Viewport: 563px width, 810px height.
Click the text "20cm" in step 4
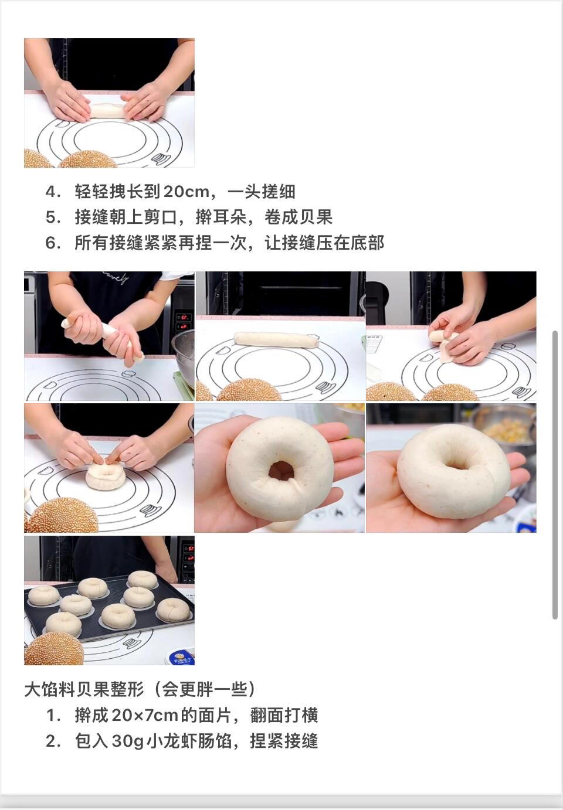coord(186,191)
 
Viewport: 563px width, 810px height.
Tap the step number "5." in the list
coord(53,217)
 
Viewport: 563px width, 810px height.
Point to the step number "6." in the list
coord(53,243)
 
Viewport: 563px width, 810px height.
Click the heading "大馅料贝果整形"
coord(84,689)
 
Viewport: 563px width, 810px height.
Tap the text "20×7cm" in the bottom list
coord(145,715)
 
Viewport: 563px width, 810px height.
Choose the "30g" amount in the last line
coord(128,741)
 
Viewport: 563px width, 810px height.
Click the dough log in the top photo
coord(107,111)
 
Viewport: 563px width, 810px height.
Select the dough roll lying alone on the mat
coord(276,340)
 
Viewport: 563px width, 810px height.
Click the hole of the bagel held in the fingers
coord(281,471)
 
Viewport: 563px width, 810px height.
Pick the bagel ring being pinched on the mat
coord(106,476)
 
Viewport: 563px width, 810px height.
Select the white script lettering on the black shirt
coord(116,277)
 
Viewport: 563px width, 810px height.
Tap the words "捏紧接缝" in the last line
coord(284,741)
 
